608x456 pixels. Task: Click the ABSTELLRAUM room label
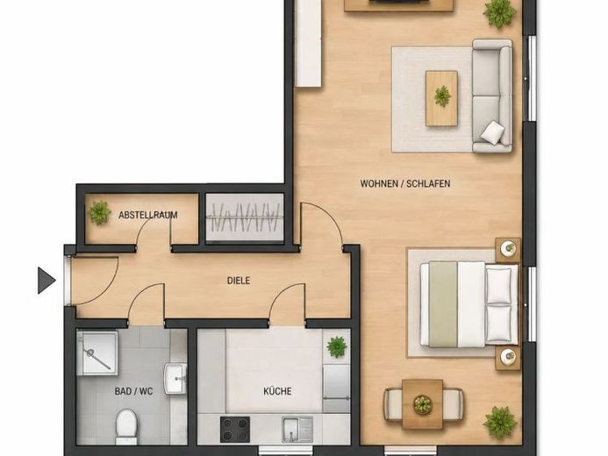[148, 215]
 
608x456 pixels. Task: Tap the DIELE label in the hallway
[239, 281]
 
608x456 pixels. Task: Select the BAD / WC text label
[133, 391]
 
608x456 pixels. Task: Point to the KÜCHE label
[277, 391]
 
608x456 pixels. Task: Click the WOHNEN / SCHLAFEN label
[405, 183]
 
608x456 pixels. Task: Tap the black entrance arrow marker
[46, 280]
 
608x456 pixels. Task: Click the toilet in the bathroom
[126, 426]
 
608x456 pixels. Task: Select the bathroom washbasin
[175, 379]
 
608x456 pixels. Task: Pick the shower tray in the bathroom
[97, 353]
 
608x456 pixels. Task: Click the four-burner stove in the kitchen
[235, 430]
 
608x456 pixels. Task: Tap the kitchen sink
[297, 430]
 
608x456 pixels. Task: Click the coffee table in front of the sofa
[441, 98]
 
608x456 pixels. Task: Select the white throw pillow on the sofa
[493, 132]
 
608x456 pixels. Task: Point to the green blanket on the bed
[443, 304]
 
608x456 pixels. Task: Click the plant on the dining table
[422, 404]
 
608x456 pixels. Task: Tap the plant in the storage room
[100, 213]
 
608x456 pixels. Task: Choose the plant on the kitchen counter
[337, 347]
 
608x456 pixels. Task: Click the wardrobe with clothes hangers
[245, 217]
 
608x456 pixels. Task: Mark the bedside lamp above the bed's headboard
[508, 247]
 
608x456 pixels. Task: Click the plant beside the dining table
[500, 423]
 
